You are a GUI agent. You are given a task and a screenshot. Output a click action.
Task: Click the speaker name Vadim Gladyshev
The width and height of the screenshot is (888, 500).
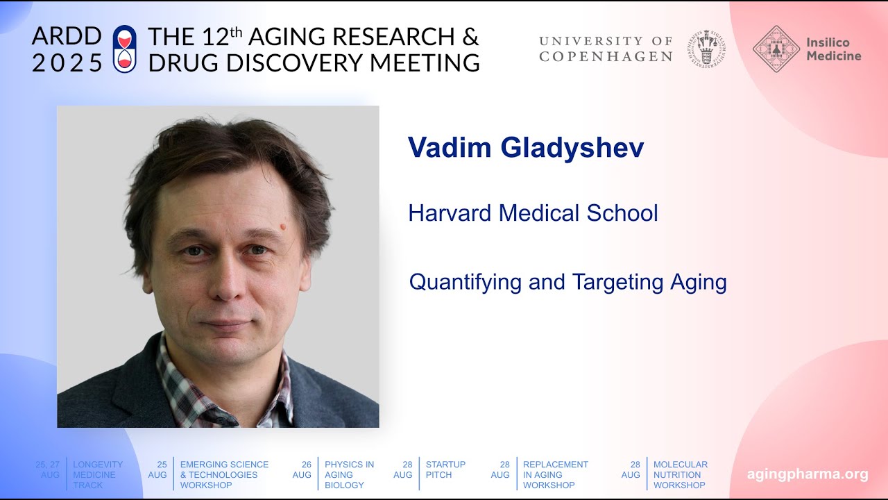click(x=525, y=148)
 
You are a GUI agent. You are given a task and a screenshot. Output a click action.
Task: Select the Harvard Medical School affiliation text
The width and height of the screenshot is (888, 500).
click(x=533, y=213)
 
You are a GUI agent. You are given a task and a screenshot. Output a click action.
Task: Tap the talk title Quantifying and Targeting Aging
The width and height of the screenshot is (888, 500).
click(x=567, y=283)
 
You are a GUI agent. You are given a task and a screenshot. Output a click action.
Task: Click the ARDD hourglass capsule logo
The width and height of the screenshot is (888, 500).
click(x=125, y=49)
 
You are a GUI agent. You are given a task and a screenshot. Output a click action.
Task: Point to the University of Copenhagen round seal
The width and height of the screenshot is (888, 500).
click(x=706, y=49)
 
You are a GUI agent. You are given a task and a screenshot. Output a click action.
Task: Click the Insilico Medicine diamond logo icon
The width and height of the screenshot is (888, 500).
click(x=776, y=49)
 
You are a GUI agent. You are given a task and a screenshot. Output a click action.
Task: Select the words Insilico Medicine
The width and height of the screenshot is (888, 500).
click(x=833, y=49)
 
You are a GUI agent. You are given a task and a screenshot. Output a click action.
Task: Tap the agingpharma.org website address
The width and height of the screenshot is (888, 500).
click(x=807, y=474)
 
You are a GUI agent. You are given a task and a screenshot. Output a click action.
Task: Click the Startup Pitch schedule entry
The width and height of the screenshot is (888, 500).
click(x=445, y=469)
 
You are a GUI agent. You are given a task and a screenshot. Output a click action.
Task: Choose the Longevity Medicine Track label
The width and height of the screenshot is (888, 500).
click(x=98, y=474)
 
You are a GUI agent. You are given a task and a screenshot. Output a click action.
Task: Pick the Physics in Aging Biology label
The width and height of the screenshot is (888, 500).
click(x=349, y=474)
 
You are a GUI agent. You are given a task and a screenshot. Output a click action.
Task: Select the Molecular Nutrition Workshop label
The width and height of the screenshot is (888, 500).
click(x=681, y=474)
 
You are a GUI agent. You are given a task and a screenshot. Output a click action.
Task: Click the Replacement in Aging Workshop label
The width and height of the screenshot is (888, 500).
click(x=555, y=474)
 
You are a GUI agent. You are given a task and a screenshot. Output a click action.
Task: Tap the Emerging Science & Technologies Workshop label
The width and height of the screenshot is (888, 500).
click(x=224, y=474)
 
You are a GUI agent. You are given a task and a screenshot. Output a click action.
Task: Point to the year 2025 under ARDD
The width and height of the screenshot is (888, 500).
click(x=67, y=62)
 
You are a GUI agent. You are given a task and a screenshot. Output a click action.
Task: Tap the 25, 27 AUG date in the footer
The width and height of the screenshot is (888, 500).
click(x=49, y=469)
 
